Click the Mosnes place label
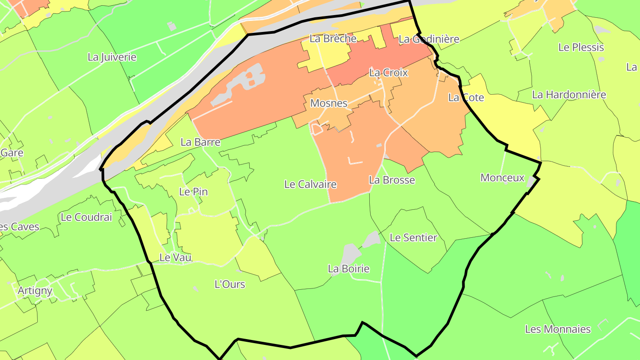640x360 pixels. [x=328, y=103]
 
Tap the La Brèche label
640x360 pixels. [x=333, y=39]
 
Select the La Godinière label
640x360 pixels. [x=429, y=39]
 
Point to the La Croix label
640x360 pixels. [x=388, y=72]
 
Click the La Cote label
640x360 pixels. [x=466, y=97]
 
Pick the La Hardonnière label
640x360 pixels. [x=569, y=95]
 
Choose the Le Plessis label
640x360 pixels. [x=581, y=48]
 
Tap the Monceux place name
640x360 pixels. [x=503, y=178]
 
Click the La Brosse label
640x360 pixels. [x=392, y=180]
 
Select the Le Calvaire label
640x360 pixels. [x=310, y=184]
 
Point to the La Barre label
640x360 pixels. [x=200, y=142]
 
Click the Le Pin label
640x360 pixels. [x=193, y=192]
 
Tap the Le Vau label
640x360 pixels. [x=175, y=257]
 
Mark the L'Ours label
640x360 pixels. [x=230, y=284]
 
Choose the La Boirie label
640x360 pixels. [x=348, y=269]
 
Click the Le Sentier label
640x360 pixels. [x=413, y=238]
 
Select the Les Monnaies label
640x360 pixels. [x=558, y=329]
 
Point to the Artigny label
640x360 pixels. [x=35, y=291]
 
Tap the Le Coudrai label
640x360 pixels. [x=86, y=217]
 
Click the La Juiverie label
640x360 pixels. [x=112, y=57]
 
